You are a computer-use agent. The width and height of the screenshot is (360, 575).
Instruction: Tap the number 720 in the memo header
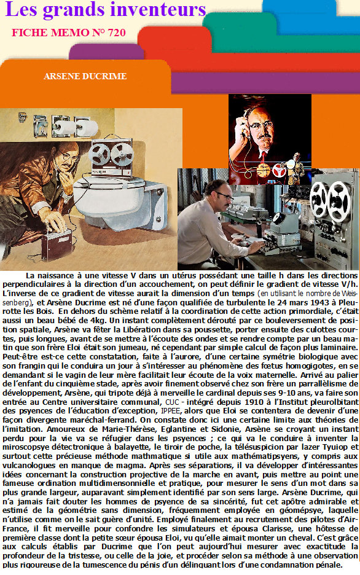point(117,33)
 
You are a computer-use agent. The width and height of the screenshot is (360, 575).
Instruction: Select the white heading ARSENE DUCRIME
point(85,76)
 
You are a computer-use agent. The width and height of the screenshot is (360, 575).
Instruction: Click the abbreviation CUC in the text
point(172,402)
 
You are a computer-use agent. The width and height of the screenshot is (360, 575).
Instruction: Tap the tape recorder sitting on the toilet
point(112,158)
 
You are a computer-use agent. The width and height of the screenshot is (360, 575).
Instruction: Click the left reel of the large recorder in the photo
point(319,199)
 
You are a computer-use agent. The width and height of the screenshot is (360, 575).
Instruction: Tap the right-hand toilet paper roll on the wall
point(87,128)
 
